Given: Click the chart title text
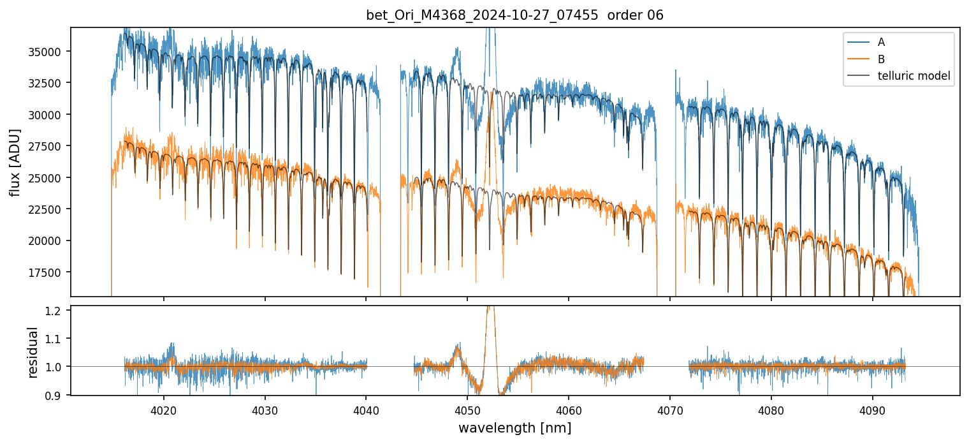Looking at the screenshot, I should [x=514, y=15].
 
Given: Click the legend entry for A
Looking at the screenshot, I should [x=881, y=42].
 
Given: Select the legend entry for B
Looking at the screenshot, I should [x=881, y=59].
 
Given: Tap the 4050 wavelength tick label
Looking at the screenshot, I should [x=467, y=410].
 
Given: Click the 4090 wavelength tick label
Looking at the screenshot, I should [x=872, y=410].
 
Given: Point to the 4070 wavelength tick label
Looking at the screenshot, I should [x=670, y=410].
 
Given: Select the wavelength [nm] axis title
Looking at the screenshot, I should [x=514, y=428].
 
